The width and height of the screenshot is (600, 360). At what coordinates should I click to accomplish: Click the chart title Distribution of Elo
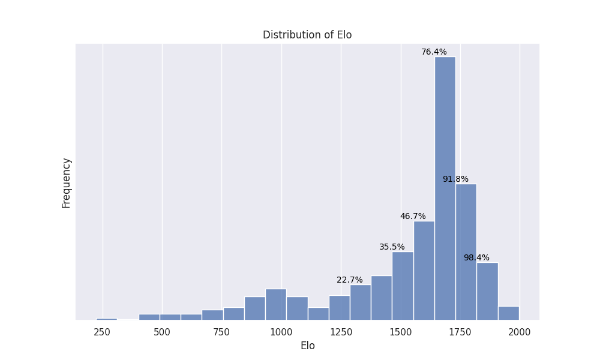[307, 35]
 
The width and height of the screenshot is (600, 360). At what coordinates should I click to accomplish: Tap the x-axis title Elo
[307, 346]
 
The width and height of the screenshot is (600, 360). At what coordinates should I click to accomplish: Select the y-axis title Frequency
[67, 182]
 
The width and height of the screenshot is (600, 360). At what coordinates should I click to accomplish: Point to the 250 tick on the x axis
[102, 332]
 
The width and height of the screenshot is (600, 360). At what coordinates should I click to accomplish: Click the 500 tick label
[161, 332]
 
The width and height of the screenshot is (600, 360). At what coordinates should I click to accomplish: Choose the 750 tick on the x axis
[221, 332]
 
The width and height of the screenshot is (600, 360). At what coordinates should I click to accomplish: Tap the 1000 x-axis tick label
[281, 332]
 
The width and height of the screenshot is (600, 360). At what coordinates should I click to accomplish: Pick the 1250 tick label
[341, 332]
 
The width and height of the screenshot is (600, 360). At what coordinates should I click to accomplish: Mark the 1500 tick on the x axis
[401, 332]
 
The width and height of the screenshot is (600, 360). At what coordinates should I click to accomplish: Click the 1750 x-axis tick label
[460, 332]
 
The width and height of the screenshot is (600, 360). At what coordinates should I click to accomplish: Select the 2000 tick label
[520, 332]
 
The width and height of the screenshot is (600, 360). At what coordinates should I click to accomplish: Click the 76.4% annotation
[434, 52]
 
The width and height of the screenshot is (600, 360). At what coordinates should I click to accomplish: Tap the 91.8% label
[455, 179]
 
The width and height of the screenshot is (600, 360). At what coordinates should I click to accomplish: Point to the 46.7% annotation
[413, 217]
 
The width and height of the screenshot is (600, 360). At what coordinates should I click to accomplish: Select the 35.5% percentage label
[392, 247]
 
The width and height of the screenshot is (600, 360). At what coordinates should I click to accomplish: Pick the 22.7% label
[349, 280]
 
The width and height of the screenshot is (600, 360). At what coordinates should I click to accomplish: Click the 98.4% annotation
[476, 258]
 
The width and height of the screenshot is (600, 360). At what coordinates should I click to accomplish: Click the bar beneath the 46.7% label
[424, 270]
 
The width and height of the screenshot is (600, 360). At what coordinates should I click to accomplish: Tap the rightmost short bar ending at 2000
[508, 313]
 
